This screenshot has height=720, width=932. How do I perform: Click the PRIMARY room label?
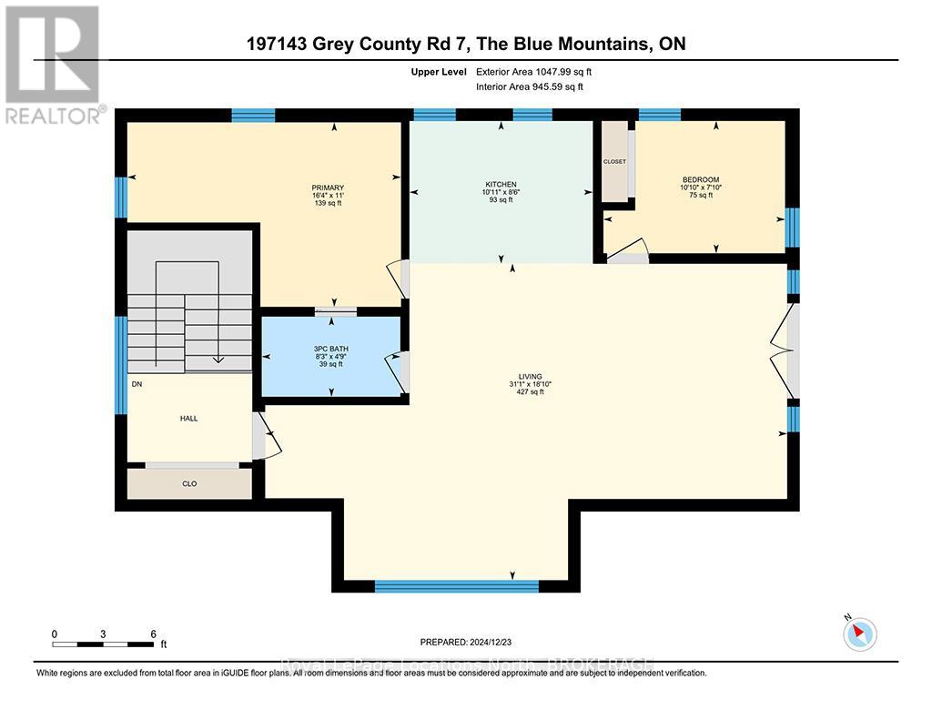coord(328,188)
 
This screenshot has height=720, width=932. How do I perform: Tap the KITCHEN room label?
coord(500,184)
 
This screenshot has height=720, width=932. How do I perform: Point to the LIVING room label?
coord(531,376)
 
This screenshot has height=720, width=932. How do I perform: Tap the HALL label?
coord(188,419)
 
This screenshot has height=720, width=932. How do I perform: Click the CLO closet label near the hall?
coord(188,483)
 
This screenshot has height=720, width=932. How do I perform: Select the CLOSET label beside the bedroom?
coord(614,161)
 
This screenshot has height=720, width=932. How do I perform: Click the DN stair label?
coord(137,384)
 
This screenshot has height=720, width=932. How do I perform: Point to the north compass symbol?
coord(859,633)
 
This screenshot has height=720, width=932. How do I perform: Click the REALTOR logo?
coord(53,64)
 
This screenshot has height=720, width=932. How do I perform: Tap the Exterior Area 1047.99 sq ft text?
coord(539,71)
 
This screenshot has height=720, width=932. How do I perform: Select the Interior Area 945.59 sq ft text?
coord(530,86)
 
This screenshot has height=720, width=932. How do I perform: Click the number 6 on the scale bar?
coord(153,634)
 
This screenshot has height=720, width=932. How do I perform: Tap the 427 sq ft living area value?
coord(531,392)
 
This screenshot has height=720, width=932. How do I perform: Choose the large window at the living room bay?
coord(457,586)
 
